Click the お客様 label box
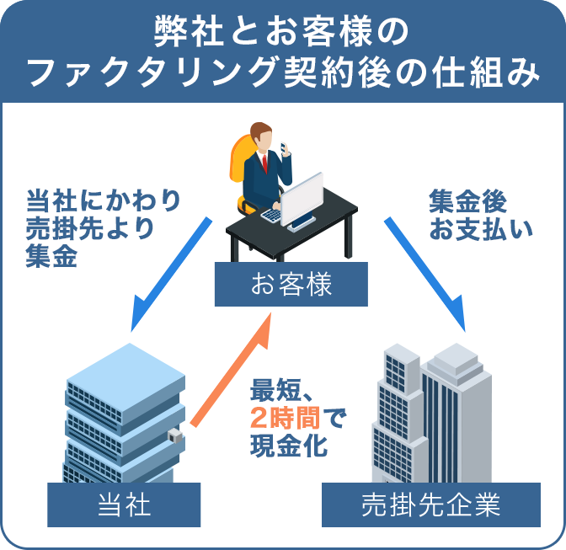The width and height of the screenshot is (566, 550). click(x=291, y=286)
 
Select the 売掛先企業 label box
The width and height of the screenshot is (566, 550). click(x=430, y=505)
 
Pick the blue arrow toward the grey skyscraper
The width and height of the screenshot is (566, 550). click(x=425, y=273)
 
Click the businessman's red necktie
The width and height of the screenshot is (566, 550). click(x=264, y=162)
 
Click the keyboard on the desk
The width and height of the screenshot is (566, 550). click(x=271, y=215)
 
